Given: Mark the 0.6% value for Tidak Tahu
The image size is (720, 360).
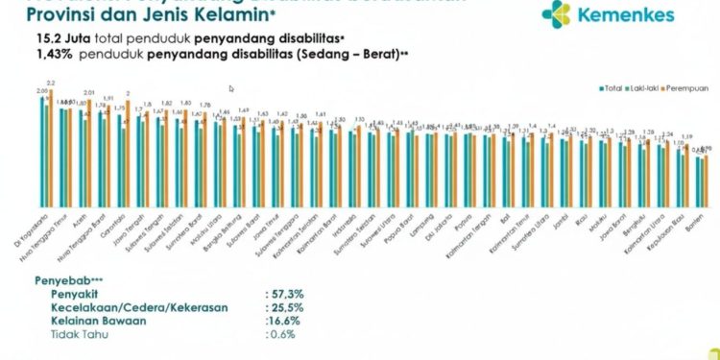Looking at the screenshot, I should (282, 335).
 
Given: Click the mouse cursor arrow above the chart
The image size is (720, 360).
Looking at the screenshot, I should (231, 88).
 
